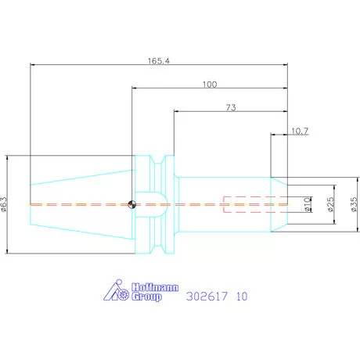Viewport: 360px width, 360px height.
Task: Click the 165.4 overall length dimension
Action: coord(159,61)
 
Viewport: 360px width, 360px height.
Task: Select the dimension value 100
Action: coord(210,85)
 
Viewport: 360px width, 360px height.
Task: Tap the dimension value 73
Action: coord(231,107)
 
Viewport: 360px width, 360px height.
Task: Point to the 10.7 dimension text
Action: coord(300,131)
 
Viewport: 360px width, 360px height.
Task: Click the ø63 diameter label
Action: coord(4,204)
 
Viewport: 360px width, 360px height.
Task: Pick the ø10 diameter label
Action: coord(308,204)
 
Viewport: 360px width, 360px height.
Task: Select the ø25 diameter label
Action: coord(330,204)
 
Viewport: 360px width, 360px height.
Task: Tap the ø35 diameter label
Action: coord(354,204)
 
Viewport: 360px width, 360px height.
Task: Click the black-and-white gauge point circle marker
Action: coord(132,204)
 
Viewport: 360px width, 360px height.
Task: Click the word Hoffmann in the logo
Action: coord(155,287)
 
